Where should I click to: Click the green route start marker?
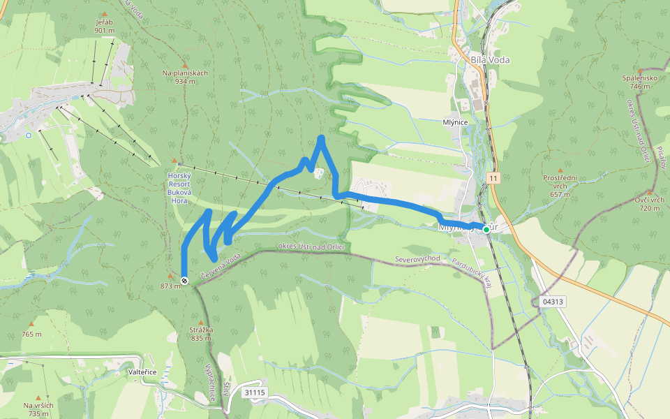486,229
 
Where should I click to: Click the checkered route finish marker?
184,281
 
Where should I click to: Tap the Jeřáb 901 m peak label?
104,26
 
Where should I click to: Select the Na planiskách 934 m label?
185,77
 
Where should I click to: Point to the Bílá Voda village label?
490,60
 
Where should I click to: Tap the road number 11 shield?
494,179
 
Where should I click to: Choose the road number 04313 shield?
551,302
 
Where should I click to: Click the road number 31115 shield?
255,393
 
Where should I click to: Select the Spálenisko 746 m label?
640,82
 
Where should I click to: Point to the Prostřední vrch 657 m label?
560,186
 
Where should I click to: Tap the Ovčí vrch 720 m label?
649,204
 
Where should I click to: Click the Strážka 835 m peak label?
201,333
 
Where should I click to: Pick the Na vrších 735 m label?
38,409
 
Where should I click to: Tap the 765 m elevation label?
31,335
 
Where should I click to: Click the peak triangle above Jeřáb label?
105,14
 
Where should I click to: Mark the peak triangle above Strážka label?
201,321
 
